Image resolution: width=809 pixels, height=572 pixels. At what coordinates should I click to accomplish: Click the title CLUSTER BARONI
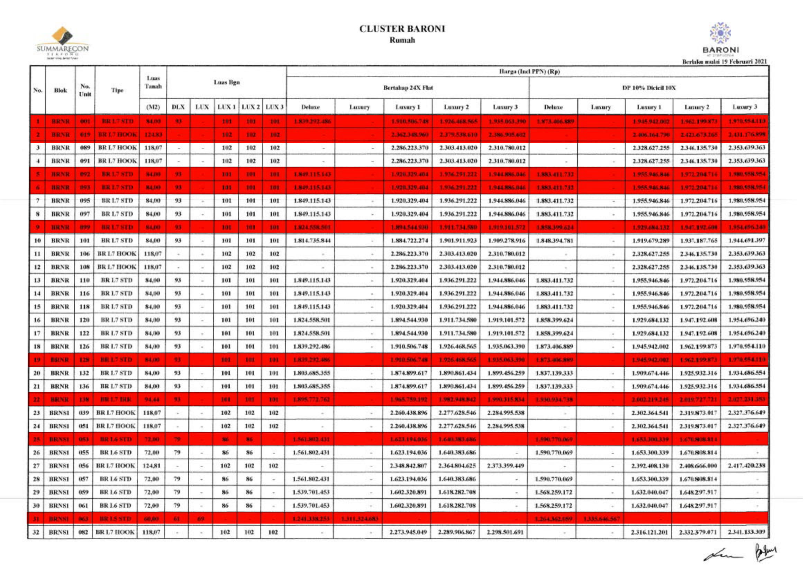click(x=402, y=29)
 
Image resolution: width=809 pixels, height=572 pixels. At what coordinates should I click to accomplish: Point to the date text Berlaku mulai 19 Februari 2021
click(x=725, y=62)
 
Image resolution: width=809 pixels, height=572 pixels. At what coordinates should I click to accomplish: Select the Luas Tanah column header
click(x=153, y=82)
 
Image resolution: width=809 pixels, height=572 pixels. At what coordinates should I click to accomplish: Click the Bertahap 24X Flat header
click(x=408, y=88)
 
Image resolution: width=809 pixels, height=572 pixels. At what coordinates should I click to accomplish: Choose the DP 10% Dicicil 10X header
click(x=649, y=88)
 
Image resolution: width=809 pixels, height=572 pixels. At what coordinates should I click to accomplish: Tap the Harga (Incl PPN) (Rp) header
click(x=529, y=72)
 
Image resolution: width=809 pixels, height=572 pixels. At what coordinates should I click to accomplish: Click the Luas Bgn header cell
click(x=227, y=82)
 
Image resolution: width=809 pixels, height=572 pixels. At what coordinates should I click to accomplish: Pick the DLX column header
click(x=178, y=107)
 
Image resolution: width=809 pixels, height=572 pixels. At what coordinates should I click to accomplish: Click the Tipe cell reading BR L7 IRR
click(x=116, y=399)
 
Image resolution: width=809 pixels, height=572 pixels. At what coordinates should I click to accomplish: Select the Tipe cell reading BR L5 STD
click(x=116, y=518)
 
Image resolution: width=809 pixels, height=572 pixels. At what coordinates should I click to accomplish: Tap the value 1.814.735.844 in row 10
click(x=311, y=241)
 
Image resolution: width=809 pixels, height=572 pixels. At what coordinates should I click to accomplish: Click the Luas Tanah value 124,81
click(x=153, y=465)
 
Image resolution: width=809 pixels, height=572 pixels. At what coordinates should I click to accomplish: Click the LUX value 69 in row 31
click(x=201, y=518)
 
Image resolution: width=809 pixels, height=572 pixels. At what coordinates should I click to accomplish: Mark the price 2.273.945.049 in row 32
click(x=408, y=532)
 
